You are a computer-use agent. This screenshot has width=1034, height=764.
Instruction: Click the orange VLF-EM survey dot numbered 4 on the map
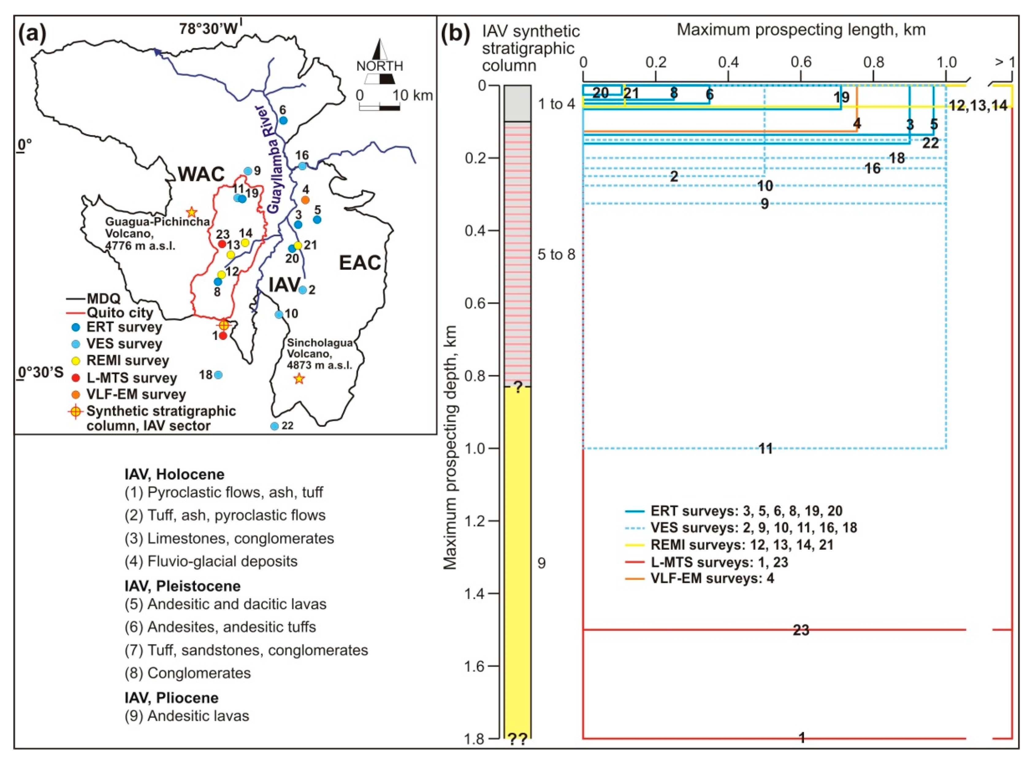click(x=305, y=200)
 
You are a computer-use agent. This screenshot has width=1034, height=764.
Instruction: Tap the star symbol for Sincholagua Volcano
click(x=299, y=379)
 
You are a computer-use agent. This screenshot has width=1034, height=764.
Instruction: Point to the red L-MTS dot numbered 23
click(x=222, y=244)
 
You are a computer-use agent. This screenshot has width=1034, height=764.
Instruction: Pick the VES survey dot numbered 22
click(x=274, y=426)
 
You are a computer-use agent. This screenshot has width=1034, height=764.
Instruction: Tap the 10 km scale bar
click(x=380, y=108)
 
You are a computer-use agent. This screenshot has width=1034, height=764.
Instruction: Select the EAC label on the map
click(x=360, y=263)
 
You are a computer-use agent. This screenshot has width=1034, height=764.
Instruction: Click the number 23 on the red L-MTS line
click(x=801, y=630)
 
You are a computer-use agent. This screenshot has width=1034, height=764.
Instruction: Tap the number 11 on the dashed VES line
click(x=766, y=449)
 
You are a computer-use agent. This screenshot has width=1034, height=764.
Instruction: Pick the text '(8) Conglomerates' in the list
click(x=188, y=673)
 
